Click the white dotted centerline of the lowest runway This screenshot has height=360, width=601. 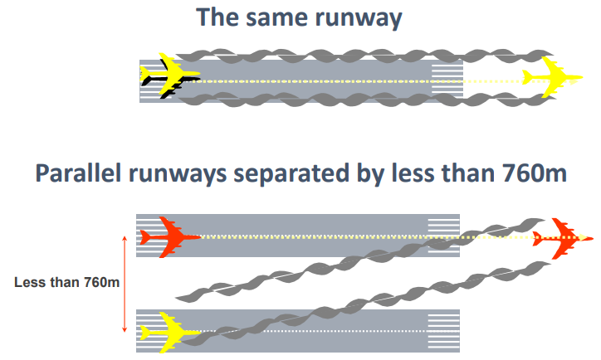point(332,332)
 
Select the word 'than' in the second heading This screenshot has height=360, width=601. point(464,176)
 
